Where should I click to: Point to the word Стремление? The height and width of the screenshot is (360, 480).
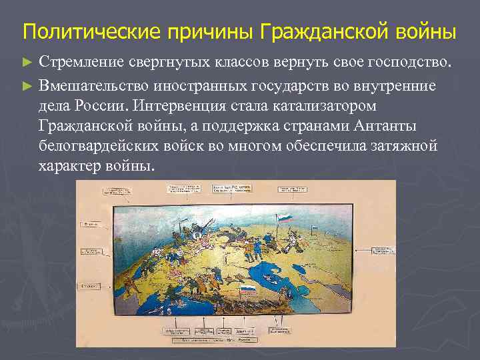click(79, 63)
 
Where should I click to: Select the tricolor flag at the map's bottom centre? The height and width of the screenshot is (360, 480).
click(249, 291)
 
